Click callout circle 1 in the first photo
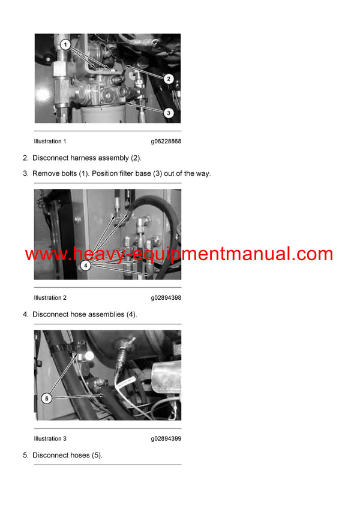coord(66,44)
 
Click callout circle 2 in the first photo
coord(169,79)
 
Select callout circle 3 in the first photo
coord(169,112)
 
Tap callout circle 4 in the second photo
coord(85,264)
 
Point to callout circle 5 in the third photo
coord(47,397)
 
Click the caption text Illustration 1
coord(50,141)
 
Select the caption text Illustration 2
coord(50,298)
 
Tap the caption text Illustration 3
coord(50,439)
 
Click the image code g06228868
coord(166,141)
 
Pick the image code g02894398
coord(166,298)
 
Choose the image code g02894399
coord(166,439)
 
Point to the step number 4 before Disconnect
coord(25,314)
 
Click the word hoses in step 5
coord(80,455)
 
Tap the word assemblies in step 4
coord(107,314)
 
